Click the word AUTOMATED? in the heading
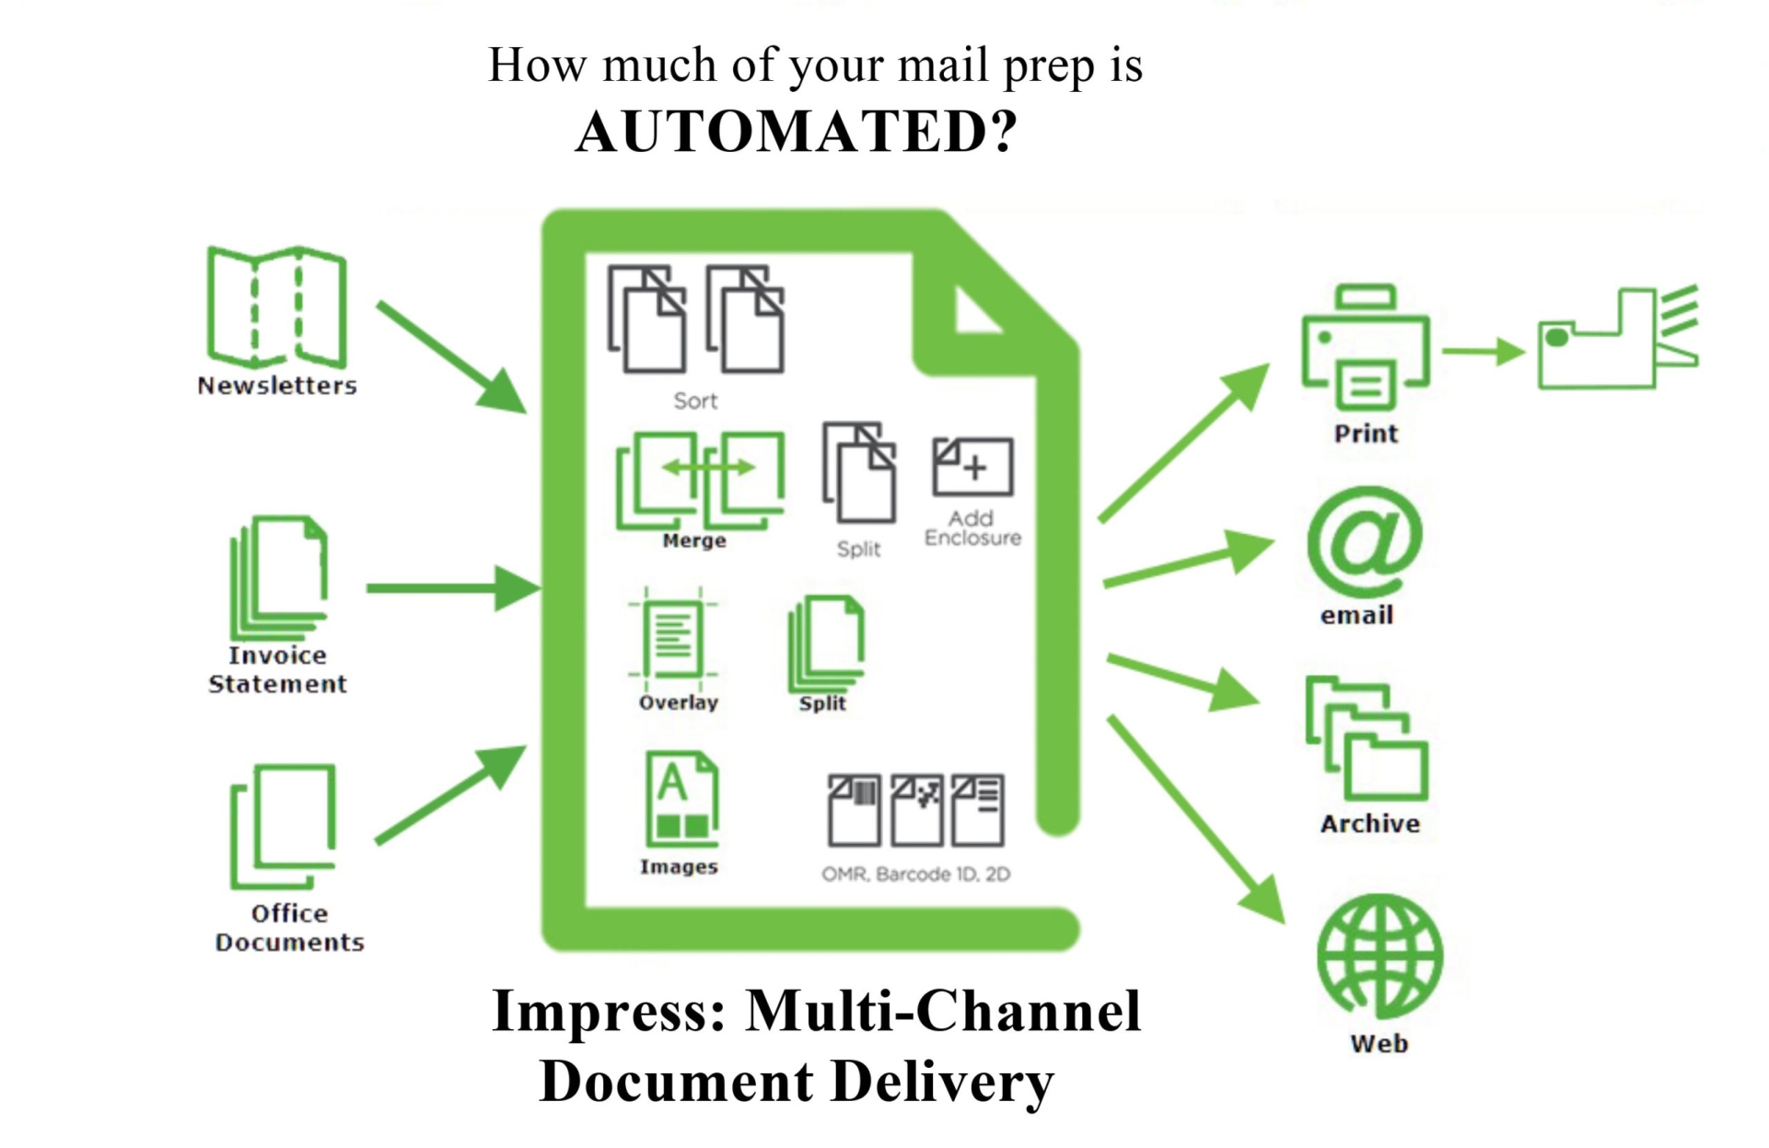(797, 132)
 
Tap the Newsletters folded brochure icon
(277, 307)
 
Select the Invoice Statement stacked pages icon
(278, 577)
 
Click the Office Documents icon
(283, 827)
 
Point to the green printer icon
(1365, 347)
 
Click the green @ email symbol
(1364, 541)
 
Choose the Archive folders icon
(1367, 739)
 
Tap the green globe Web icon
(1379, 957)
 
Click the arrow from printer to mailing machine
(1484, 351)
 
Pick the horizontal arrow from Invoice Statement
(454, 588)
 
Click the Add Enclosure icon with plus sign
(972, 467)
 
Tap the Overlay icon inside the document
(673, 639)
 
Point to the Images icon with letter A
(681, 799)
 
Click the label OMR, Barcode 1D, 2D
(915, 874)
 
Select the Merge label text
(694, 540)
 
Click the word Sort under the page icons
(695, 400)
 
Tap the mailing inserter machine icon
(1618, 337)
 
